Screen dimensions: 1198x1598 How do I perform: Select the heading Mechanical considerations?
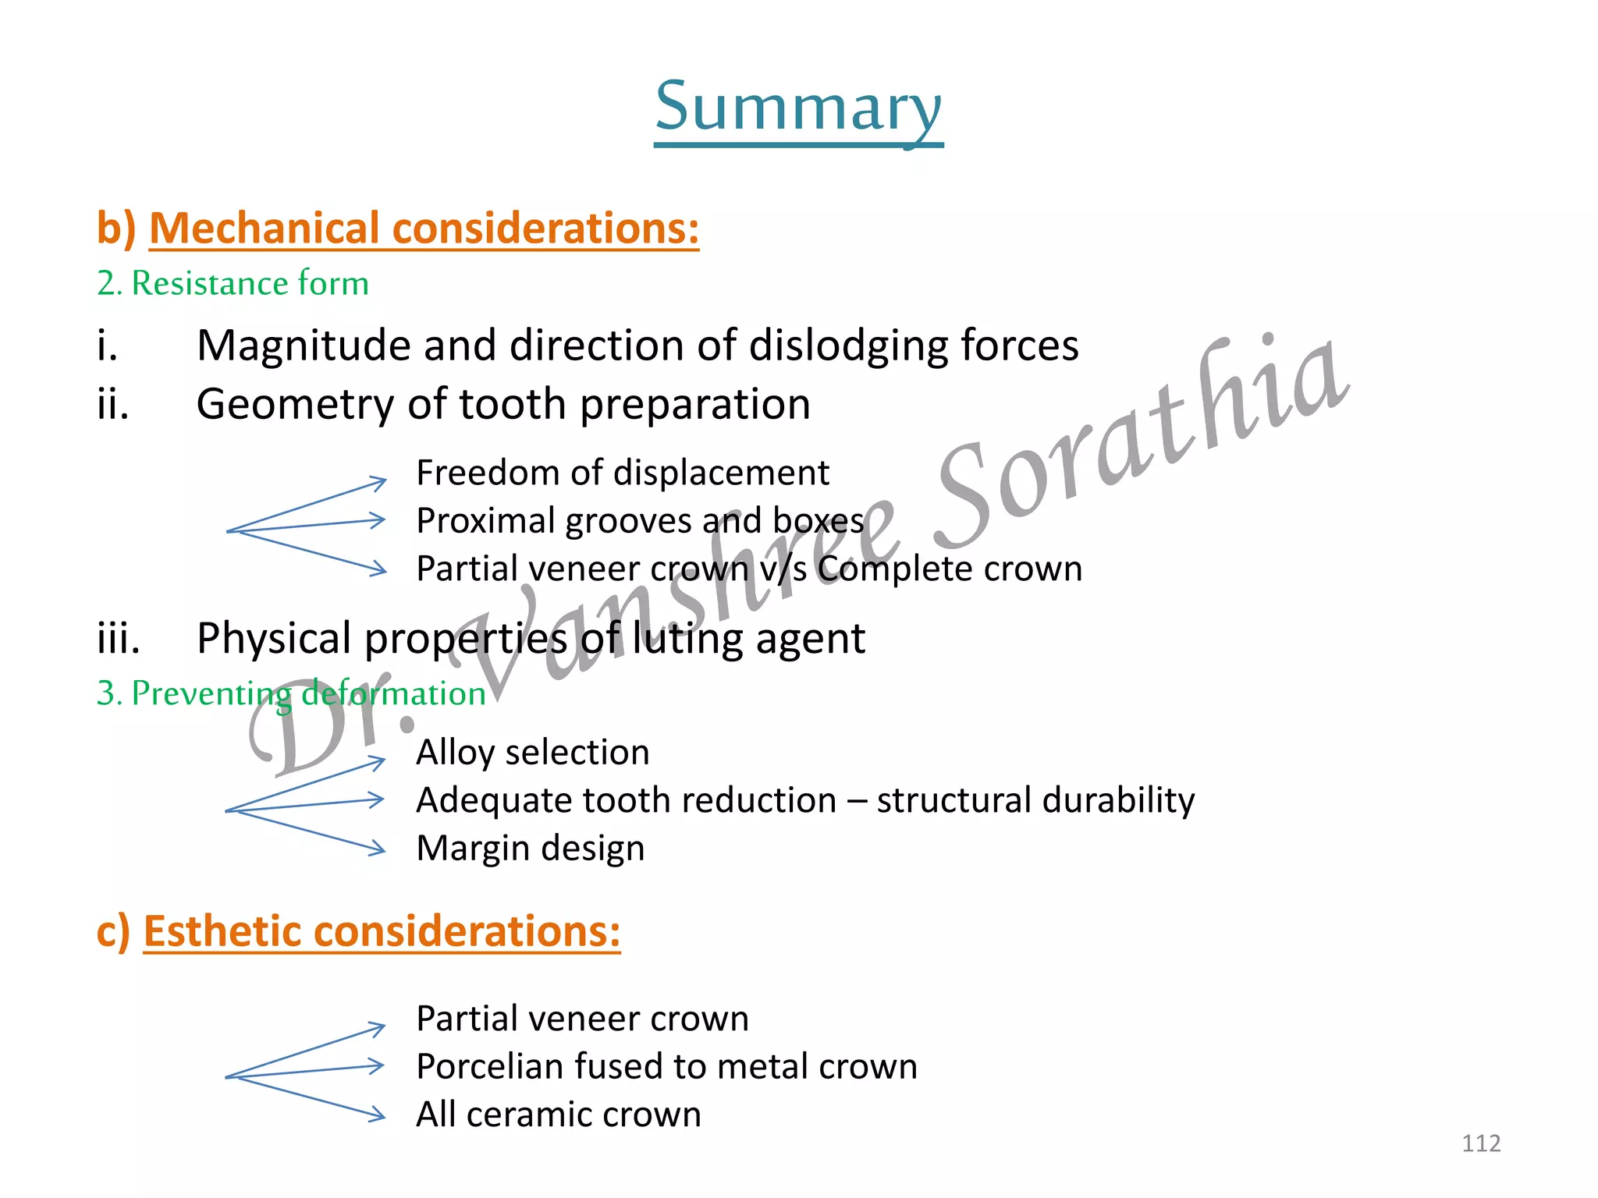pos(424,229)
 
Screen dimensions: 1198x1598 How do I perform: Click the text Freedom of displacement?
pos(622,473)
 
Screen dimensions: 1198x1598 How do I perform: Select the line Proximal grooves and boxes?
pos(640,521)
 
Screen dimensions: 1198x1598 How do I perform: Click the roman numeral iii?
pos(119,638)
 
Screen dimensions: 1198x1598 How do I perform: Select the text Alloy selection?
pos(532,753)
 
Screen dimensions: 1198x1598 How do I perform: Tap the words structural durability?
pos(1035,800)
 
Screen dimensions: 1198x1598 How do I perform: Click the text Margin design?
pos(530,849)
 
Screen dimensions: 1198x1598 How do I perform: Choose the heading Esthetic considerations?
pos(382,931)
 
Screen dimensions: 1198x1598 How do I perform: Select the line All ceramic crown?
pos(558,1115)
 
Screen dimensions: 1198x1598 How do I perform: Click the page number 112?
pos(1480,1143)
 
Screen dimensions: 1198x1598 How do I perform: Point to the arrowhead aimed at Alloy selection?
pos(378,760)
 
